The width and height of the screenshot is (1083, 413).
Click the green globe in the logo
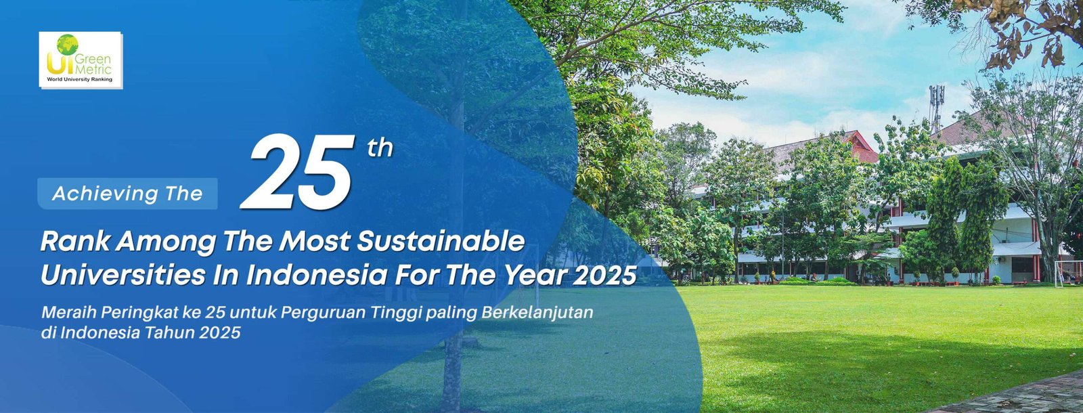[67, 45]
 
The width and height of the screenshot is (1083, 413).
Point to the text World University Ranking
[79, 79]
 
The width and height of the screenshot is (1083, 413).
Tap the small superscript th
[380, 148]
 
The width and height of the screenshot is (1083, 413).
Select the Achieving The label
[128, 194]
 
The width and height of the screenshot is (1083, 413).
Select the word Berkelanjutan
[537, 313]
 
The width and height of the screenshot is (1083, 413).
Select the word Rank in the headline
[75, 242]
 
